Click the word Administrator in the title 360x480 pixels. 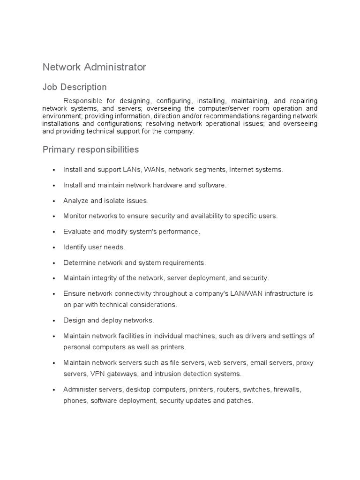(115, 67)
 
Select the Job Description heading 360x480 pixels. (75, 87)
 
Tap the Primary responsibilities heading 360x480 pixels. (90, 150)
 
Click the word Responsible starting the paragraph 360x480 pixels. (82, 101)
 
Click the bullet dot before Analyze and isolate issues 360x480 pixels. (54, 201)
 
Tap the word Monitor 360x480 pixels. (75, 216)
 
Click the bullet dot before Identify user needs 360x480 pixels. (54, 247)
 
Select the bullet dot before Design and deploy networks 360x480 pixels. (54, 321)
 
